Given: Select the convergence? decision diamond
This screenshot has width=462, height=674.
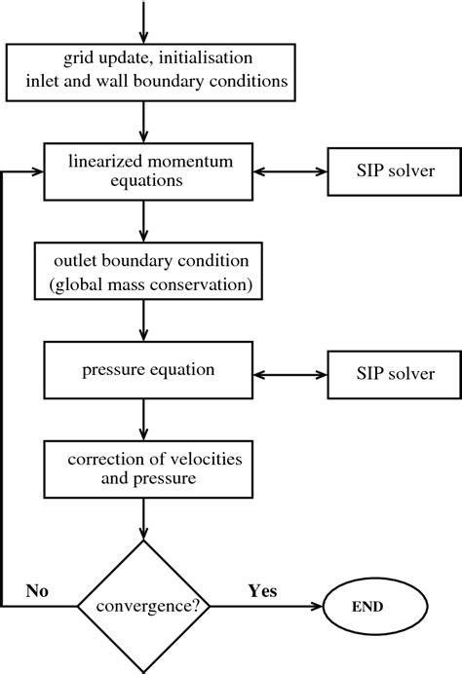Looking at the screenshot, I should click(x=145, y=606).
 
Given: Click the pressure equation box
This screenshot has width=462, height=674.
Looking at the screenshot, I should click(x=145, y=373).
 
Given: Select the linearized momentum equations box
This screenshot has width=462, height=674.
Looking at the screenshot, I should click(x=145, y=171).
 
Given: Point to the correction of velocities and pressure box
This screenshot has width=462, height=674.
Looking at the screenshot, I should click(x=145, y=468).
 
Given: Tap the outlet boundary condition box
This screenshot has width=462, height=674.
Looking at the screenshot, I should click(x=145, y=272).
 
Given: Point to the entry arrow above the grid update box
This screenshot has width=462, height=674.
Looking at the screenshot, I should click(x=145, y=19).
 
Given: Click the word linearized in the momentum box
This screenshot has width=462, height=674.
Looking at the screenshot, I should click(x=101, y=161).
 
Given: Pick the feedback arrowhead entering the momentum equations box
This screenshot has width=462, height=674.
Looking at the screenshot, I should click(x=37, y=171).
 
